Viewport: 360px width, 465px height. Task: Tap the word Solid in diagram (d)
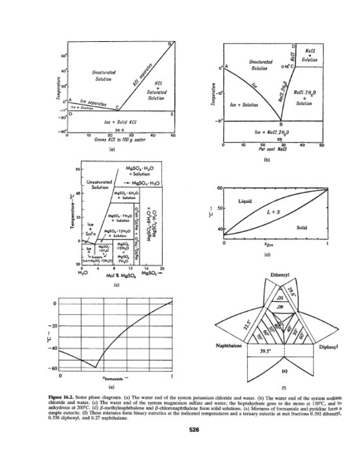302,227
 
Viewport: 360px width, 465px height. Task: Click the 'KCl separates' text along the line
143,75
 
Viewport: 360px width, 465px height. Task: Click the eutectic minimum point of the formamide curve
95,367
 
